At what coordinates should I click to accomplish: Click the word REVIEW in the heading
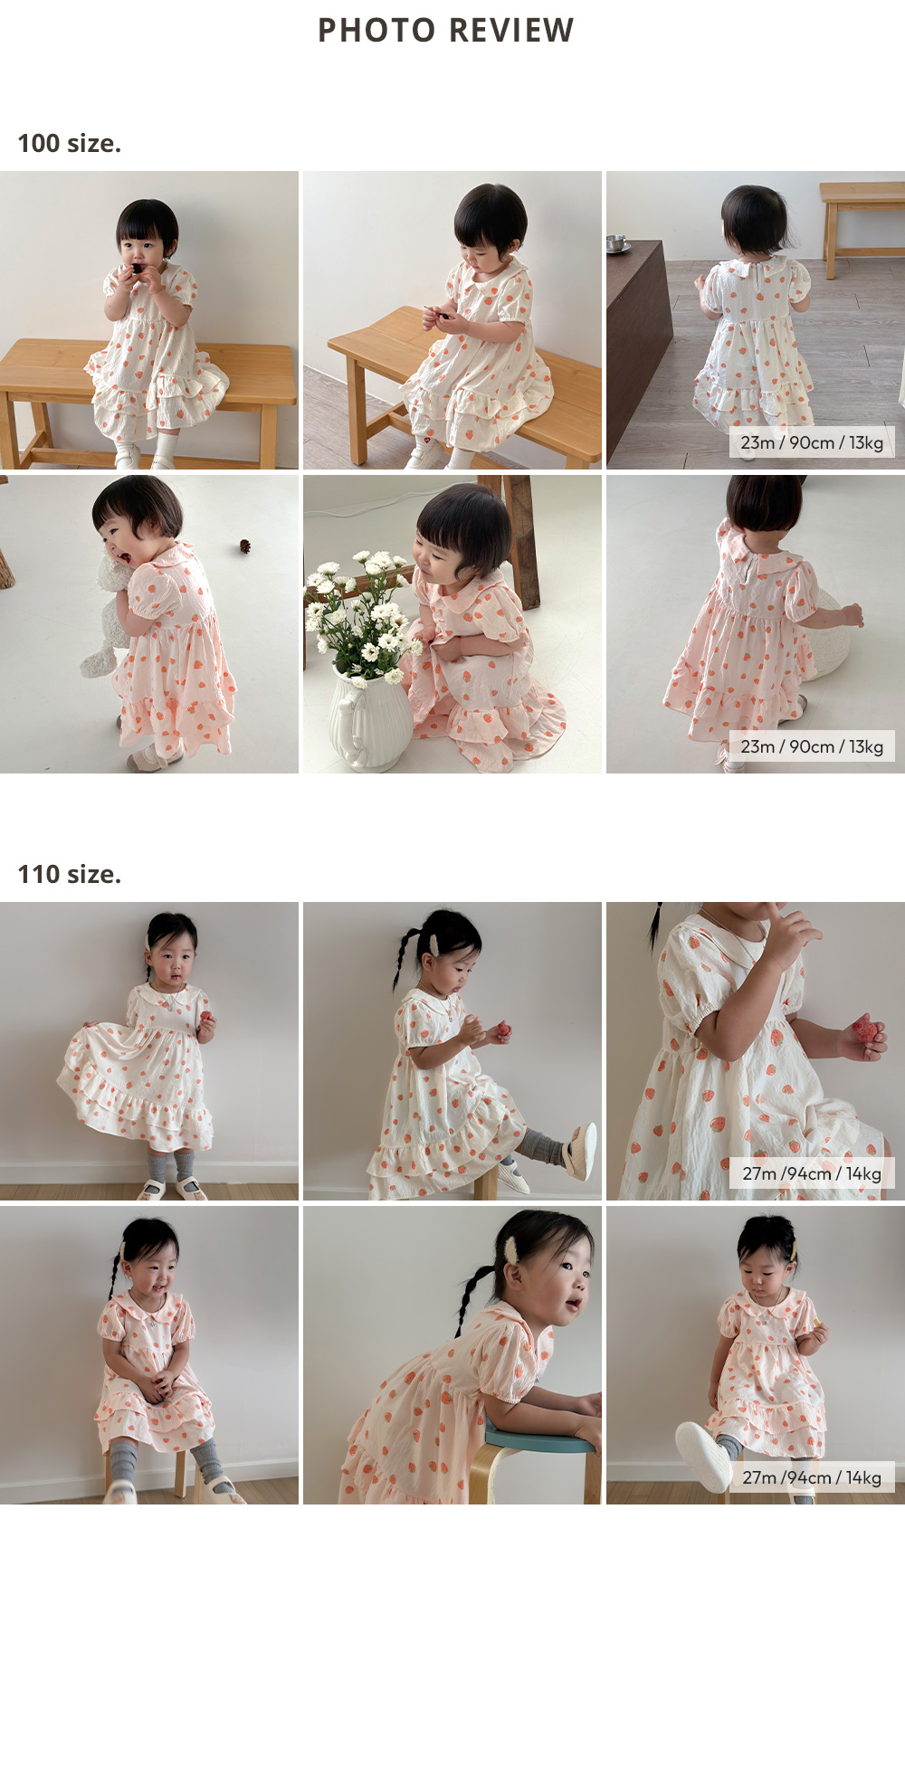point(511,30)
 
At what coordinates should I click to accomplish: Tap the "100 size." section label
point(69,143)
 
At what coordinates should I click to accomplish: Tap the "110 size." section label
point(69,874)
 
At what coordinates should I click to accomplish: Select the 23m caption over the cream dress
point(812,442)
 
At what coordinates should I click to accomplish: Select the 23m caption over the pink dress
point(812,746)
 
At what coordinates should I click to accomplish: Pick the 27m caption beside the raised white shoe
point(812,1477)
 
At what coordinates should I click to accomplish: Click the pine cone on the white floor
point(244,546)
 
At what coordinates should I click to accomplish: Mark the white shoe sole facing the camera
point(703,1457)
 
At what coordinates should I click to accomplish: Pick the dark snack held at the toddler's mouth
point(137,269)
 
